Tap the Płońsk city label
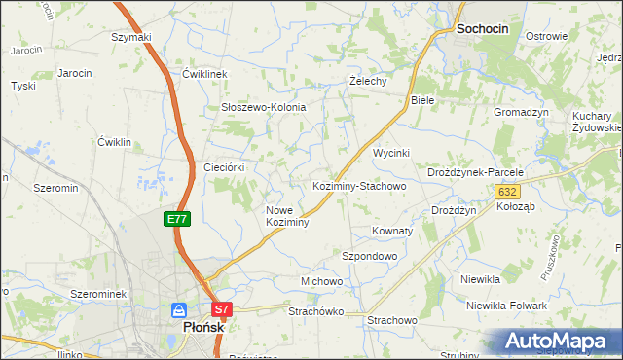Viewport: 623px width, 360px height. click(203, 328)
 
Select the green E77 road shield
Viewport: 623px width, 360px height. click(176, 220)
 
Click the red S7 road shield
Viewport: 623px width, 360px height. click(223, 310)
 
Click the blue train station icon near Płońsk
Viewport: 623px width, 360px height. click(178, 310)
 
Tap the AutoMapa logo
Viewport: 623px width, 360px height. click(561, 342)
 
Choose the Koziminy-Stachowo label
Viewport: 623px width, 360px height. click(358, 185)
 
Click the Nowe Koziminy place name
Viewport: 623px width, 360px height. click(287, 216)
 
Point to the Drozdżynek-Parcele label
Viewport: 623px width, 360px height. click(475, 172)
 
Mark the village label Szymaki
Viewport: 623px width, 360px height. click(131, 37)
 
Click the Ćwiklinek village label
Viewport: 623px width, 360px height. click(204, 74)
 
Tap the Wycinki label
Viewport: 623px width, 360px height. click(392, 154)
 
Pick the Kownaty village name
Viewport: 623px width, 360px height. click(392, 232)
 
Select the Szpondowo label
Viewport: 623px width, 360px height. click(369, 256)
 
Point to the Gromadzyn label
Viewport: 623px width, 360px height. click(521, 112)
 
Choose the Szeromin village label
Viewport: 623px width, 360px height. click(55, 187)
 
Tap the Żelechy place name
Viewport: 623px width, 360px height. click(369, 81)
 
